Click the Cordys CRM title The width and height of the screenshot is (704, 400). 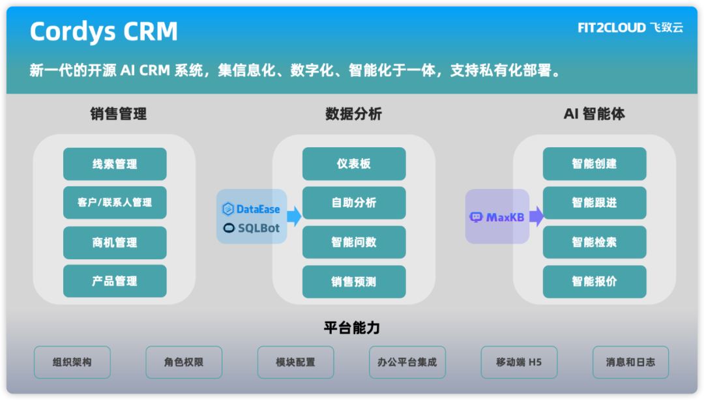tap(104, 31)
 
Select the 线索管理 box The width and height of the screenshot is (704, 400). tap(115, 164)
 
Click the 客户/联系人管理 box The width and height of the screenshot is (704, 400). tap(115, 203)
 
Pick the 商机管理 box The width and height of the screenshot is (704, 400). tap(115, 242)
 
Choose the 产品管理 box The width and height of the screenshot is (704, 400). tap(115, 281)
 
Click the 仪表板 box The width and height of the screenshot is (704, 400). tap(354, 164)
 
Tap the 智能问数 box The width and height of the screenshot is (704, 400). tap(354, 242)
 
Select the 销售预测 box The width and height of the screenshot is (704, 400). tap(354, 282)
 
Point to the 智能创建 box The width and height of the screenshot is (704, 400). tap(594, 164)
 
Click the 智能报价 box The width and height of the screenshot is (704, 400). tap(594, 282)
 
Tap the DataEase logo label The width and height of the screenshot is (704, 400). tap(252, 209)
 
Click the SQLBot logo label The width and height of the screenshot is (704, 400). tap(252, 229)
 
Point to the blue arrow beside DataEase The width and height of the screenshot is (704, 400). tap(295, 216)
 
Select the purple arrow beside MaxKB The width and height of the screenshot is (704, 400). tap(536, 216)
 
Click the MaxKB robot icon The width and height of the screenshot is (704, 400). tap(477, 218)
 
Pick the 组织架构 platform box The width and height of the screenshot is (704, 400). tap(72, 362)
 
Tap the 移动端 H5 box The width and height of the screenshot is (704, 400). tap(519, 362)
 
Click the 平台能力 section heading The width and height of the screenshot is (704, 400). tap(352, 327)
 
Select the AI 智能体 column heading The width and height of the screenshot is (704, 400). tap(594, 114)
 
